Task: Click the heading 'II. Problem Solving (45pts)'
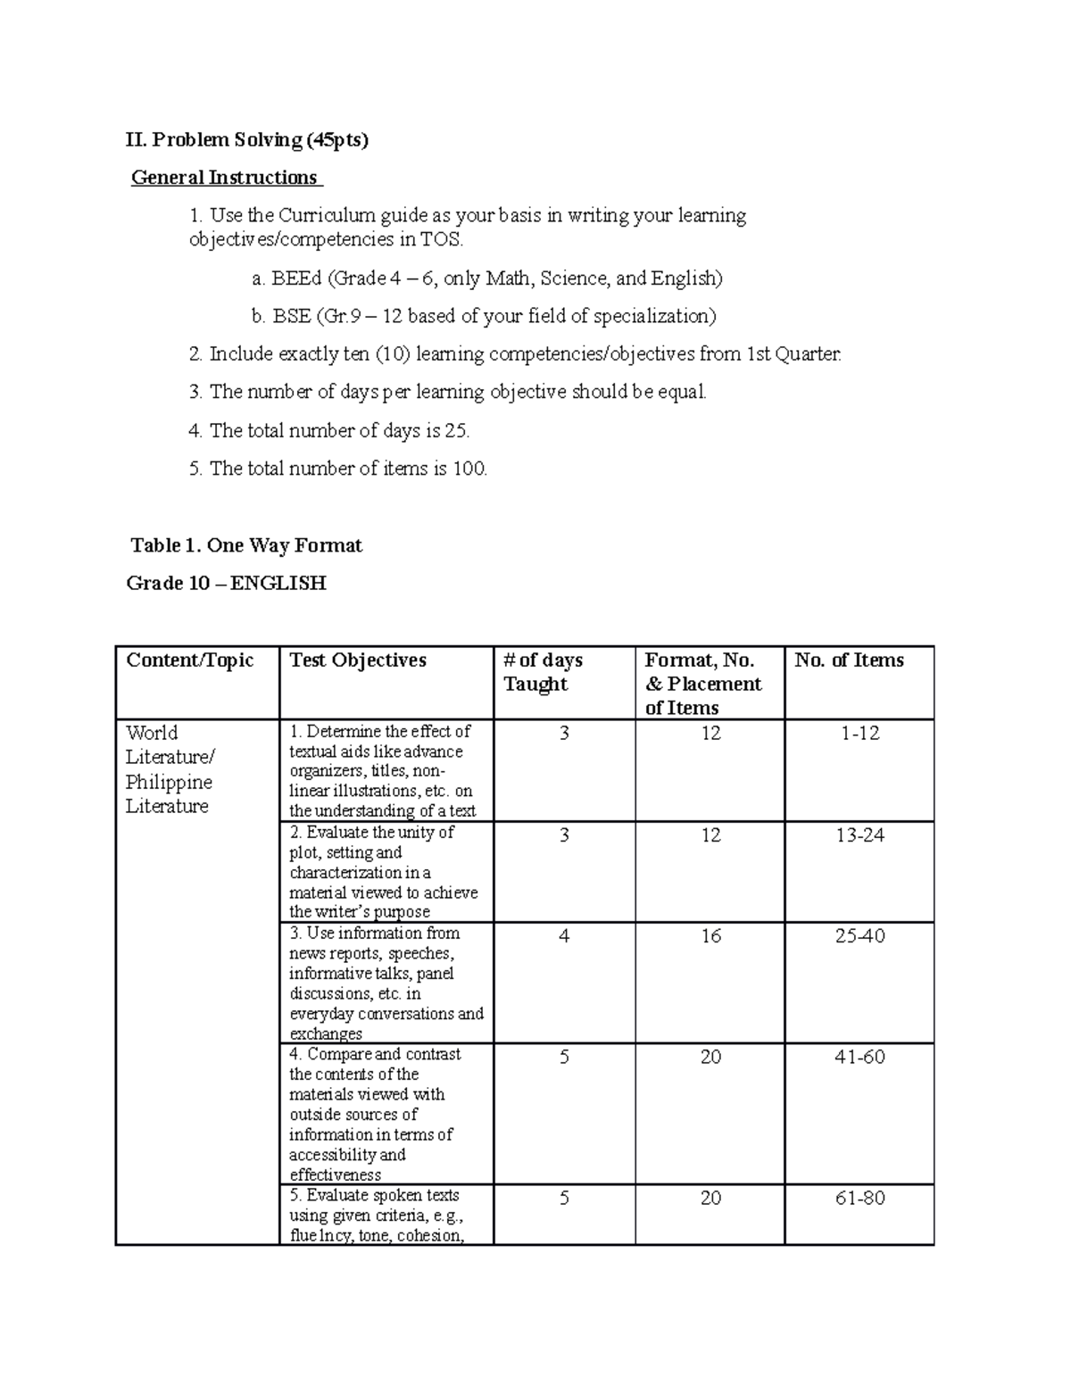pyautogui.click(x=247, y=139)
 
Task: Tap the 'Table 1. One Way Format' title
pyautogui.click(x=246, y=545)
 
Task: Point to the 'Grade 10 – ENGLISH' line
pyautogui.click(x=227, y=584)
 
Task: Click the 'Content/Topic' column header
pyautogui.click(x=190, y=660)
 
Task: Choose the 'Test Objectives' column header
pyautogui.click(x=358, y=660)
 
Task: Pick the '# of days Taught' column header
pyautogui.click(x=543, y=672)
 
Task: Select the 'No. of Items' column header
pyautogui.click(x=849, y=660)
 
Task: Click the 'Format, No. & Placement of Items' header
pyautogui.click(x=703, y=684)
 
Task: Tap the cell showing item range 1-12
pyautogui.click(x=859, y=734)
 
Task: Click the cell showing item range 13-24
pyautogui.click(x=859, y=835)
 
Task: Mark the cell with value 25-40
pyautogui.click(x=859, y=936)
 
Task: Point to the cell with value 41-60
pyautogui.click(x=859, y=1058)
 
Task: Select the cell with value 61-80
pyautogui.click(x=859, y=1199)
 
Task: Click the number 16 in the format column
pyautogui.click(x=710, y=936)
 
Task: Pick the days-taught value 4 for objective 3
pyautogui.click(x=564, y=936)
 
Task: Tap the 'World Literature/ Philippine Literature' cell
pyautogui.click(x=170, y=769)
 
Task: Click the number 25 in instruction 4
pyautogui.click(x=456, y=431)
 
